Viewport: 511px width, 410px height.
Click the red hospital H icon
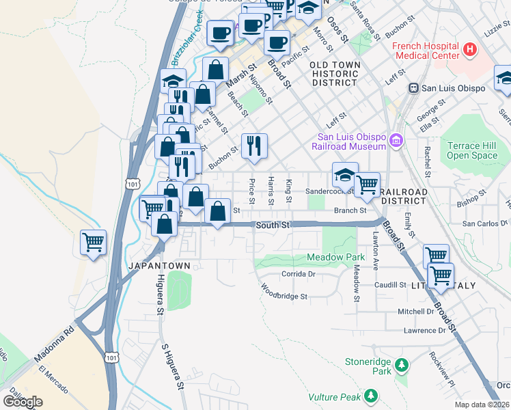click(469, 49)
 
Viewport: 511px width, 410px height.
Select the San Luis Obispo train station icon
click(413, 88)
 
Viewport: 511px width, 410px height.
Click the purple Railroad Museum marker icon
click(395, 141)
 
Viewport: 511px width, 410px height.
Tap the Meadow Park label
click(336, 257)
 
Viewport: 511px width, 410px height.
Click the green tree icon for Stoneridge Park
click(402, 366)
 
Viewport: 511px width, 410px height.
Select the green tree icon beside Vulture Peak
click(370, 396)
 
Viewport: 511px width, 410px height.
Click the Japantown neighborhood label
click(154, 264)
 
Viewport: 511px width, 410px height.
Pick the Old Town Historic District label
click(334, 73)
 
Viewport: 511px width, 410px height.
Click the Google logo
click(23, 401)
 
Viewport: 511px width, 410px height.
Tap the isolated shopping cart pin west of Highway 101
click(93, 243)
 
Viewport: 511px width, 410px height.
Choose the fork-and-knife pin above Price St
click(254, 146)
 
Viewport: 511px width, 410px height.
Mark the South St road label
click(273, 225)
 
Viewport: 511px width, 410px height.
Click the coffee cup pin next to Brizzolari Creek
click(221, 33)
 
